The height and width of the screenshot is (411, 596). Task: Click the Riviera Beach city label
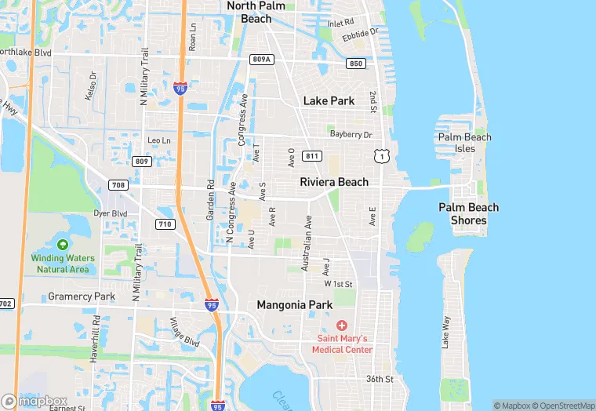click(x=334, y=182)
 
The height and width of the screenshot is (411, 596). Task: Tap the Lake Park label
click(x=329, y=100)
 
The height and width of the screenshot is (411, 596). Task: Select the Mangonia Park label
click(x=295, y=305)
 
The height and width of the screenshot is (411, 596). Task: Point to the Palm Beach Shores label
click(x=468, y=214)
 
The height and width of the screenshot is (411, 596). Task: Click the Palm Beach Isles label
click(x=465, y=143)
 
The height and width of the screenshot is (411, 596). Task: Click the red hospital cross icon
click(x=342, y=326)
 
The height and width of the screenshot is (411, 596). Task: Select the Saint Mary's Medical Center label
click(x=342, y=344)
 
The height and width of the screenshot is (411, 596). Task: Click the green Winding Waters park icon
click(x=63, y=246)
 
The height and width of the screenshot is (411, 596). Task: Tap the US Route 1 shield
click(x=381, y=157)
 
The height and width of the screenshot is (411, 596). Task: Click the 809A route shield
click(x=262, y=59)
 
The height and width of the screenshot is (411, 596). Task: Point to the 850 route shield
click(x=357, y=64)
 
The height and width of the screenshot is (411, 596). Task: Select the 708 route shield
click(x=118, y=185)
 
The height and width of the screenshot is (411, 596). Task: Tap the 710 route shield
click(x=165, y=224)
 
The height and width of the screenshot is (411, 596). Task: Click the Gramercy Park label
click(x=82, y=296)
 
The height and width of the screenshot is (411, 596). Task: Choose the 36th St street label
click(x=379, y=379)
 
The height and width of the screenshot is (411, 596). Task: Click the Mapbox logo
click(x=35, y=401)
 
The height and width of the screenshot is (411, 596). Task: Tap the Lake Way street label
click(x=445, y=332)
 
